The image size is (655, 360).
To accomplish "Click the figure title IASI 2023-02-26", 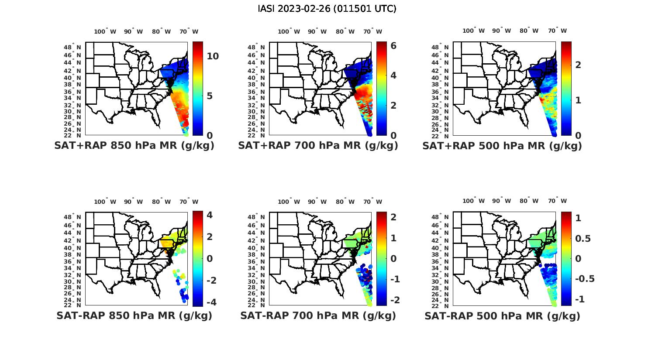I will coord(327,9).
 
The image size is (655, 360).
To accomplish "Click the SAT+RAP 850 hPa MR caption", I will coord(134,146).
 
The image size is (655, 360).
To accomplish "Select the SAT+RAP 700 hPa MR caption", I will coord(318,146).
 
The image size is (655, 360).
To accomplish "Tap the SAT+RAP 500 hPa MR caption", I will coord(502,146).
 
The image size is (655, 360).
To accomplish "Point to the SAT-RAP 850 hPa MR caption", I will coord(134,315).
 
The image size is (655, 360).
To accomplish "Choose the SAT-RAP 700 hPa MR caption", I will coord(318,315).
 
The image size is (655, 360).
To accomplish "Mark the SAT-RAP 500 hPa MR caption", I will coord(502,315).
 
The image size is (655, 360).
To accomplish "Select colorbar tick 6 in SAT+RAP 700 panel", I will coord(393,45).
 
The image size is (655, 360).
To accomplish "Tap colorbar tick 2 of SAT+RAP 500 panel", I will coord(578,65).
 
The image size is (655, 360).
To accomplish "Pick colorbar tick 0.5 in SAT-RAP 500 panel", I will coord(583,238).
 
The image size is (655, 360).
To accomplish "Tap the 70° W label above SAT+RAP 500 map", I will coord(558,31).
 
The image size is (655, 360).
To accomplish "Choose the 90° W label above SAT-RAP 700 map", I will coord(317,202).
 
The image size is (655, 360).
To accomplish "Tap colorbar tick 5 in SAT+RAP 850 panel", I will coord(210,96).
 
